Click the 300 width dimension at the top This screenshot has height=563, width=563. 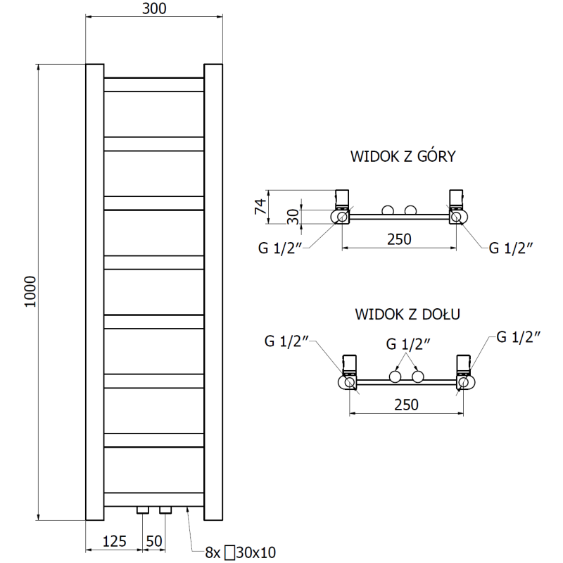click(154, 9)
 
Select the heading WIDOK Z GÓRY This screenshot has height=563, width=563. click(403, 156)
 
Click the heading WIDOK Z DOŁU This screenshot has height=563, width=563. click(407, 313)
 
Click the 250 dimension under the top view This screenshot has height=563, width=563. click(398, 239)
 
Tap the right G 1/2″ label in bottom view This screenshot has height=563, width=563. click(518, 336)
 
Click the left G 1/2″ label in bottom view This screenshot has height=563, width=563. click(288, 341)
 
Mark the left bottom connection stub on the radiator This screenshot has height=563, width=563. click(144, 509)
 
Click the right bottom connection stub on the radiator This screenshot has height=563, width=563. click(165, 509)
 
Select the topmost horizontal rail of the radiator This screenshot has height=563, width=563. click(154, 84)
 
